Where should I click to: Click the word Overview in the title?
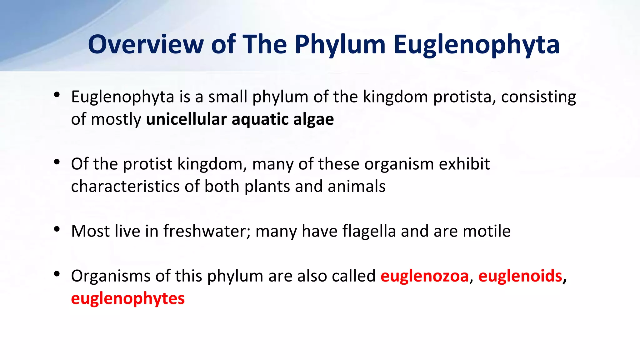[146, 44]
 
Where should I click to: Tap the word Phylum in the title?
[340, 44]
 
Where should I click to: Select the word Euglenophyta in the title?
[476, 44]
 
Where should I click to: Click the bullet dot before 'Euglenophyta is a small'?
[57, 95]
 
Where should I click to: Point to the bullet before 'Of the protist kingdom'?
[57, 162]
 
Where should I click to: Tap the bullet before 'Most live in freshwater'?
[57, 229]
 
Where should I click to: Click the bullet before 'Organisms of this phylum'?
[57, 274]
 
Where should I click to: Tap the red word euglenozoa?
[425, 276]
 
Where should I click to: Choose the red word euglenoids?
[520, 276]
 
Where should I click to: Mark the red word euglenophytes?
[128, 299]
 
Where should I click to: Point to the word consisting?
[538, 97]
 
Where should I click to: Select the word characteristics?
[125, 186]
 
